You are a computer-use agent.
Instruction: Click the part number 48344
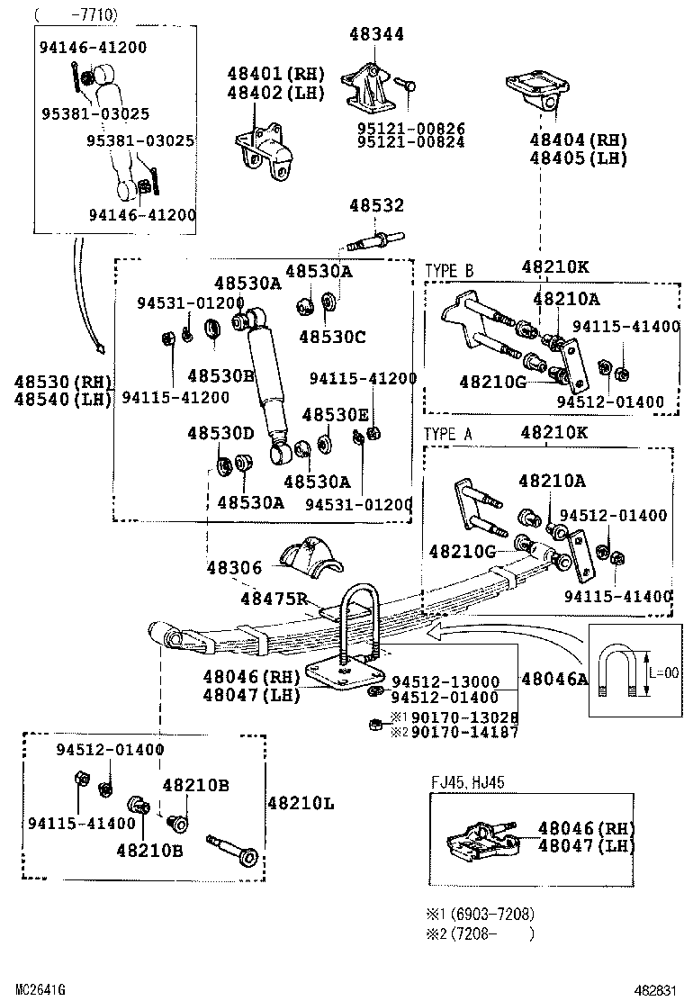pos(376,34)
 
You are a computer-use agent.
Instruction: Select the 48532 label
pos(376,207)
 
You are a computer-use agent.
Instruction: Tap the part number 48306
pos(234,568)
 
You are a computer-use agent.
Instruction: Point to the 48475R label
pos(274,599)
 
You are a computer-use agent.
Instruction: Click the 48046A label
pos(554,679)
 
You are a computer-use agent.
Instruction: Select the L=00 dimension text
pos(664,672)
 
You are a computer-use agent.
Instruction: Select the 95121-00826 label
pos(411,129)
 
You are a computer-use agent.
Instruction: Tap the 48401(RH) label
pos(274,74)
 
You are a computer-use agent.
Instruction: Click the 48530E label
pos(336,414)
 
